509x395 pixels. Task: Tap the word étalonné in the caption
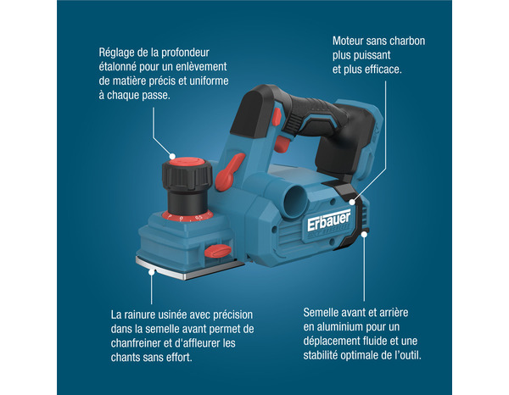point(122,66)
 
